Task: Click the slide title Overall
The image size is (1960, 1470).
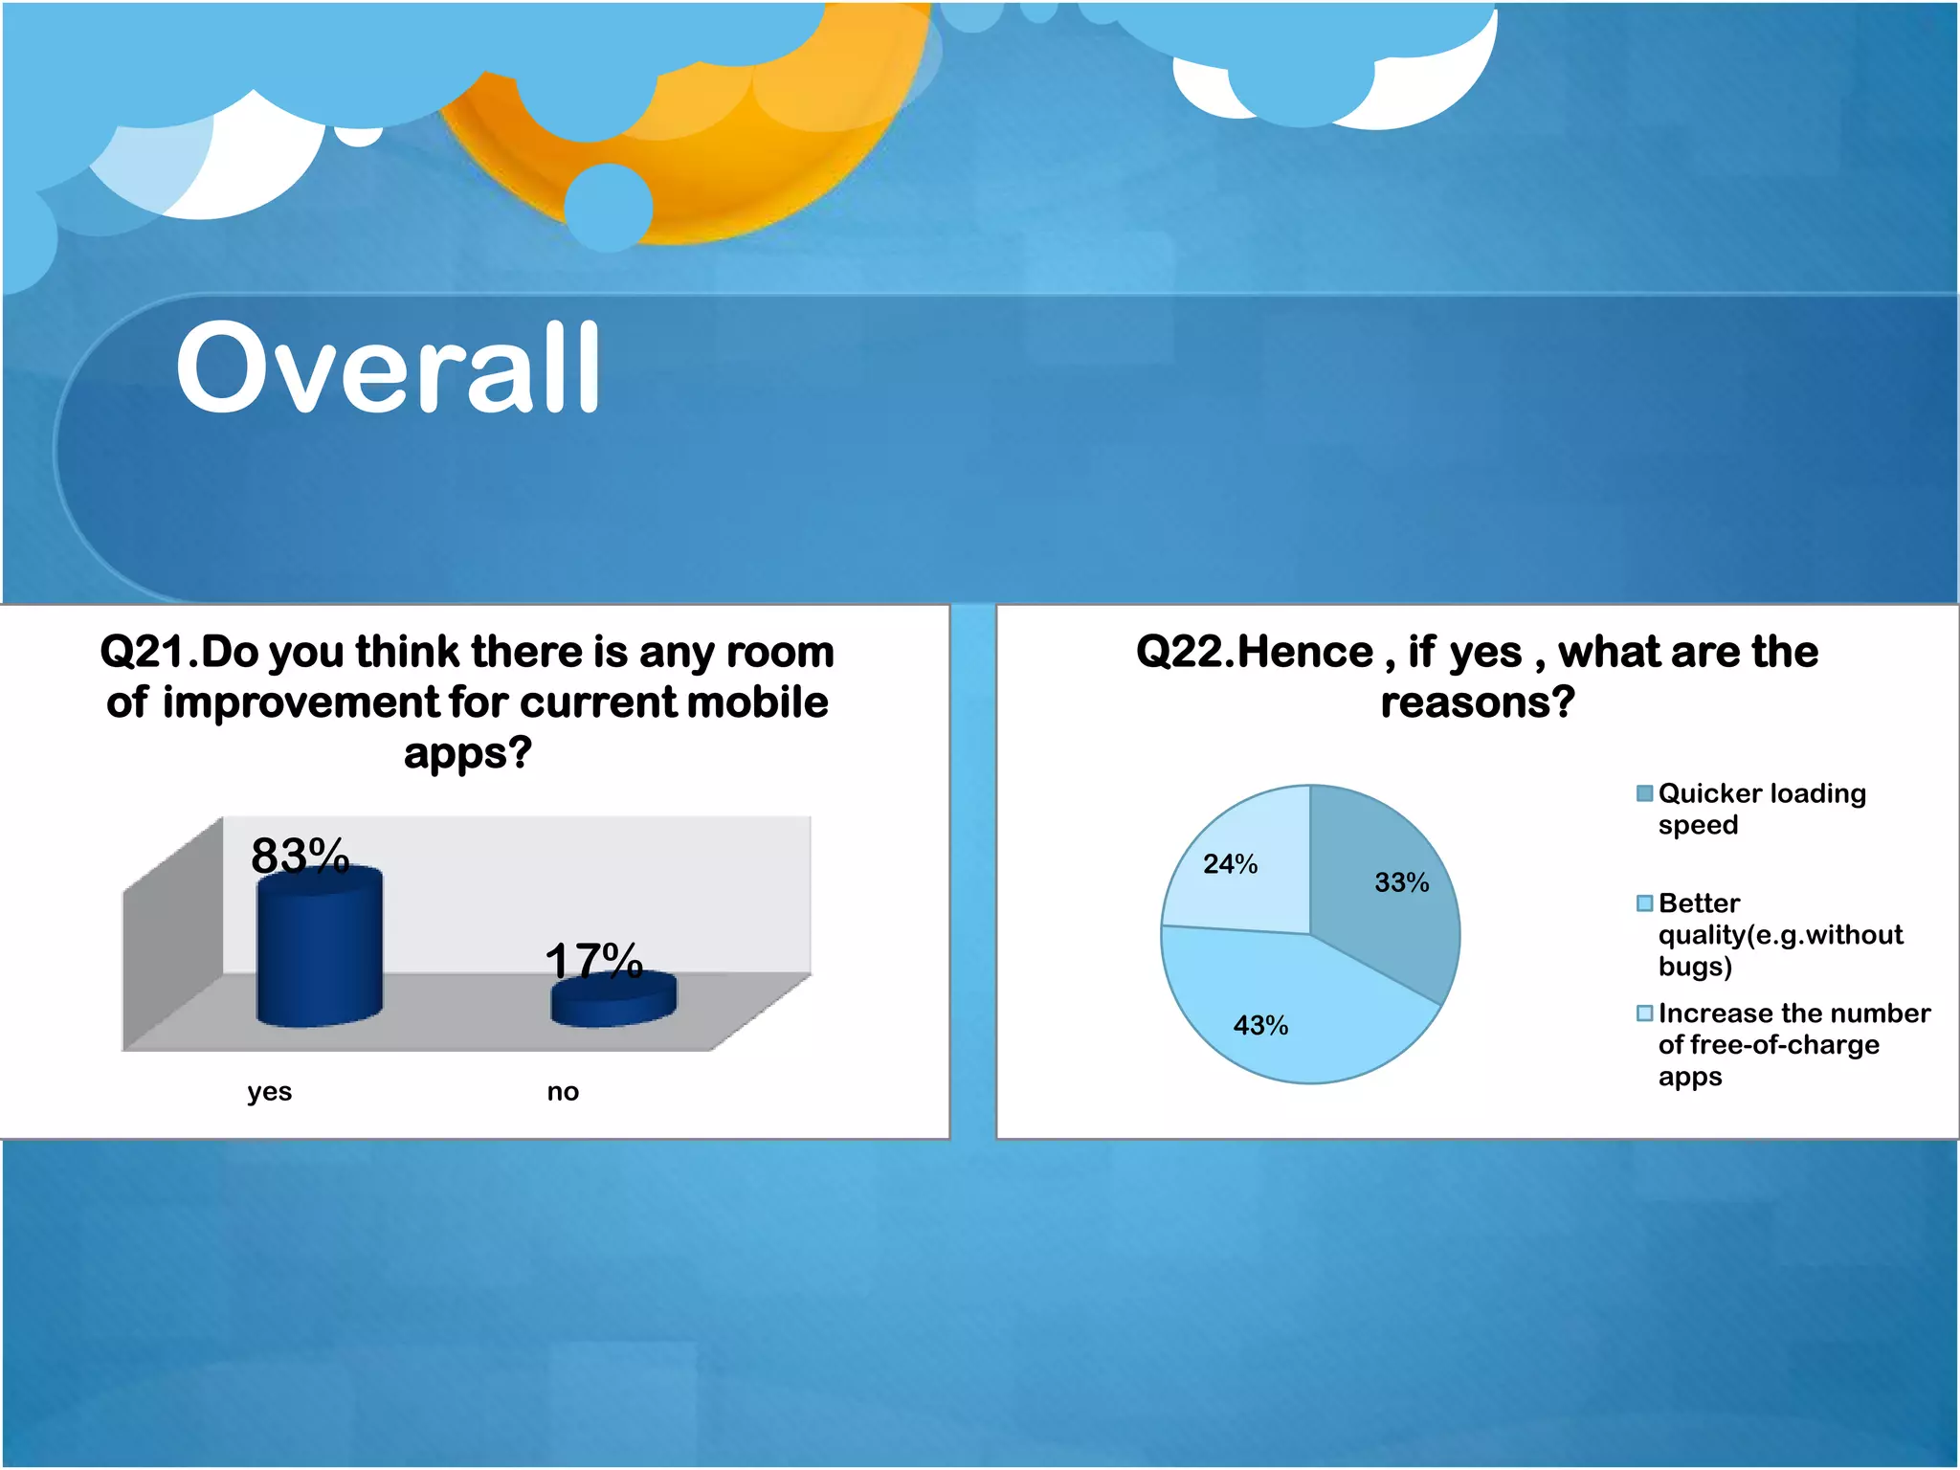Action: pos(388,368)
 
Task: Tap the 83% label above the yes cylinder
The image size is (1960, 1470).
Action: pos(300,855)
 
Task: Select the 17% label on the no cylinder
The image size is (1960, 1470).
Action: pos(593,960)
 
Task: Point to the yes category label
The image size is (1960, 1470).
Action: pos(269,1092)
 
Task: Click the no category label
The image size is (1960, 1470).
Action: pos(563,1092)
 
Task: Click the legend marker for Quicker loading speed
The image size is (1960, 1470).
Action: pos(1644,793)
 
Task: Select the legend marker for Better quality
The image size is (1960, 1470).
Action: pos(1644,903)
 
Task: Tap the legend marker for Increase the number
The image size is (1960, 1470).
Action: pos(1644,1013)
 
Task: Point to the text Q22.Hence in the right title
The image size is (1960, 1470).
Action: pos(1254,653)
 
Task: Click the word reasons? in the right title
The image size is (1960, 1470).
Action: pos(1477,703)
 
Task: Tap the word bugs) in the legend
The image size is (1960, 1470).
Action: pos(1695,967)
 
